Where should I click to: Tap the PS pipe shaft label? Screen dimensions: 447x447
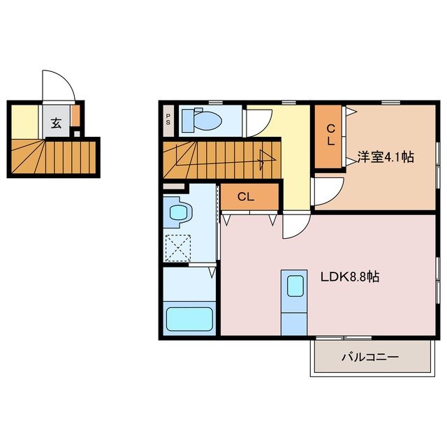(168, 119)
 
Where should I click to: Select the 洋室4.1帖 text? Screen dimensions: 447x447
(386, 157)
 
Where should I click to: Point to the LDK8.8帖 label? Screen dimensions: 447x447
(350, 277)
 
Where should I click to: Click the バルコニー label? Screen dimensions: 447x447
(369, 357)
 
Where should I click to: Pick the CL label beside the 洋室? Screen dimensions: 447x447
(330, 135)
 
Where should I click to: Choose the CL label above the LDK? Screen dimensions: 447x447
(245, 197)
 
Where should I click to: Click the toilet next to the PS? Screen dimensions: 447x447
(203, 120)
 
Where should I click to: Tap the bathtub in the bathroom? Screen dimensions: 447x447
(189, 318)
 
